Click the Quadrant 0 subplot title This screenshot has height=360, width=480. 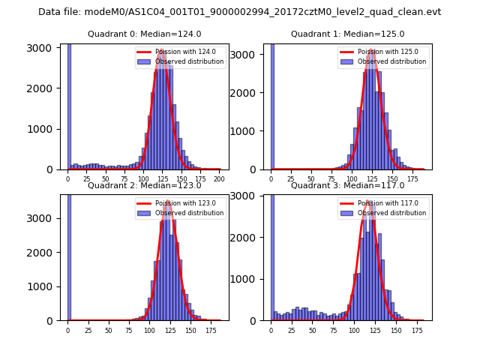click(x=144, y=34)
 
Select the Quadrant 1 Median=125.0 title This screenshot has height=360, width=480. click(x=347, y=34)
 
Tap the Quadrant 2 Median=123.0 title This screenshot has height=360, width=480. click(x=144, y=185)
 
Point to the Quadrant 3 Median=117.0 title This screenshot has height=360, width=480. click(x=347, y=185)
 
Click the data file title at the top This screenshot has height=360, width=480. click(x=239, y=12)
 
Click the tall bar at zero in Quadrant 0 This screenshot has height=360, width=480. click(x=69, y=105)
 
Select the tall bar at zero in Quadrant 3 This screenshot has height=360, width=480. click(x=271, y=255)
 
